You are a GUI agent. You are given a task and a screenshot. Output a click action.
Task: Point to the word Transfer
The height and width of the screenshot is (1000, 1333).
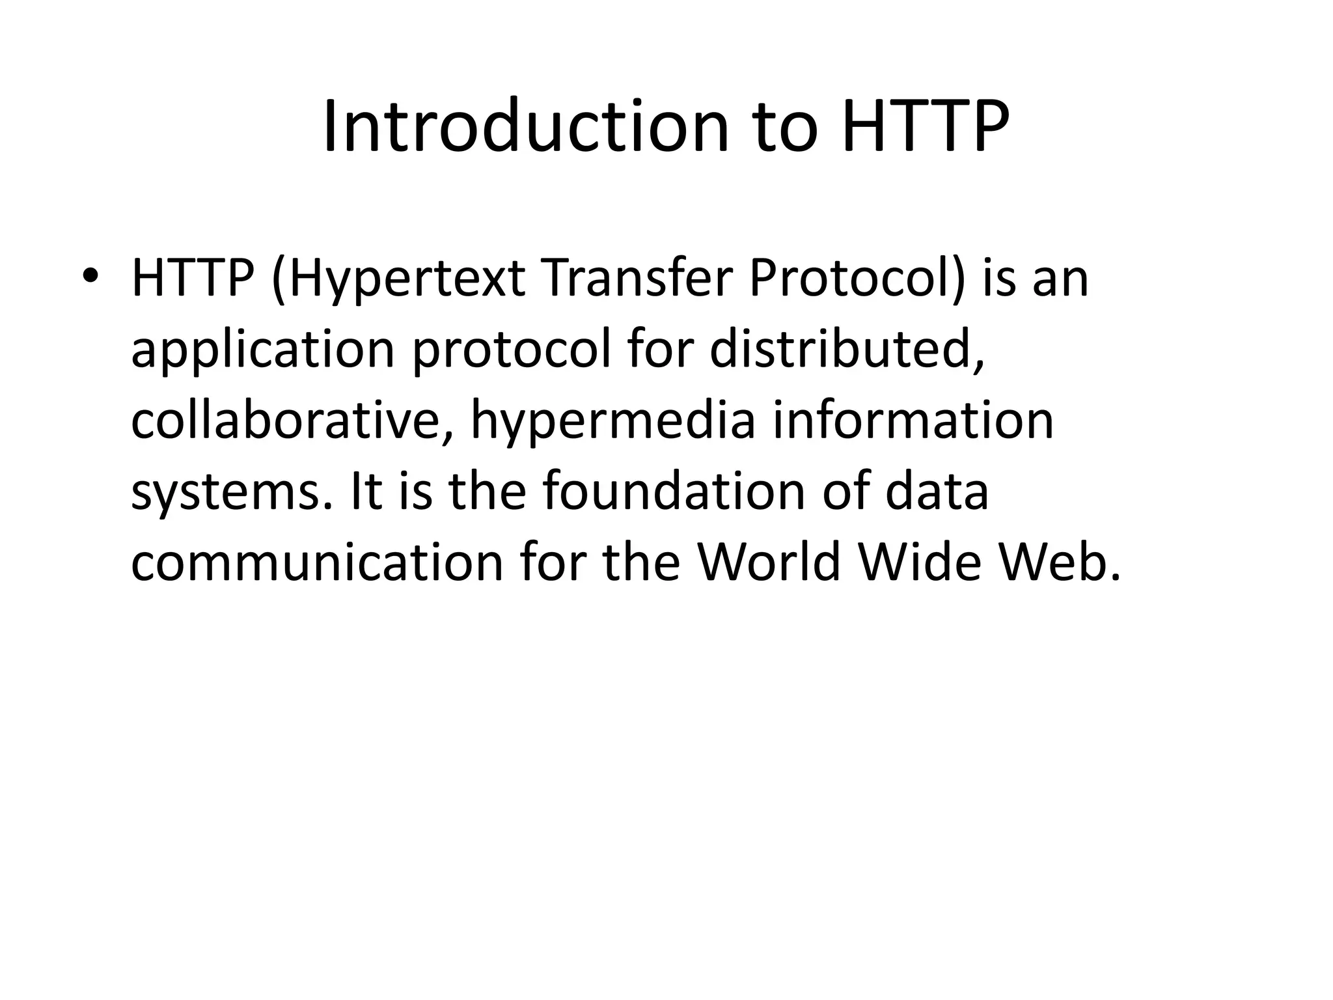pos(637,278)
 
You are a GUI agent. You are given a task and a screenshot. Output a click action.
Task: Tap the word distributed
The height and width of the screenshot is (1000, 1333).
pos(845,349)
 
